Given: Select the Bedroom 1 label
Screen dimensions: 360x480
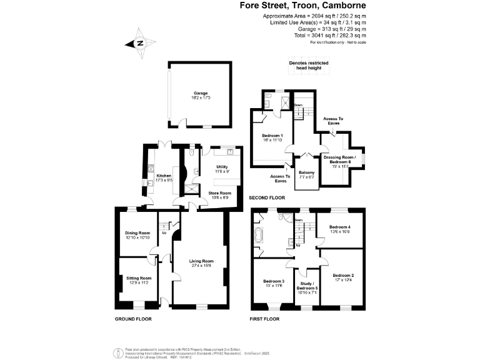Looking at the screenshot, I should pos(272,138).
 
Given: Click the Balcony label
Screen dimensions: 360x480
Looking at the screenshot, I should pos(306,175).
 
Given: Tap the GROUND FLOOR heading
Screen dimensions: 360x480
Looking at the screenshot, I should pos(133,319).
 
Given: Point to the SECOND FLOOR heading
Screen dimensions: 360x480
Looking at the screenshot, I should pos(267,198).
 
